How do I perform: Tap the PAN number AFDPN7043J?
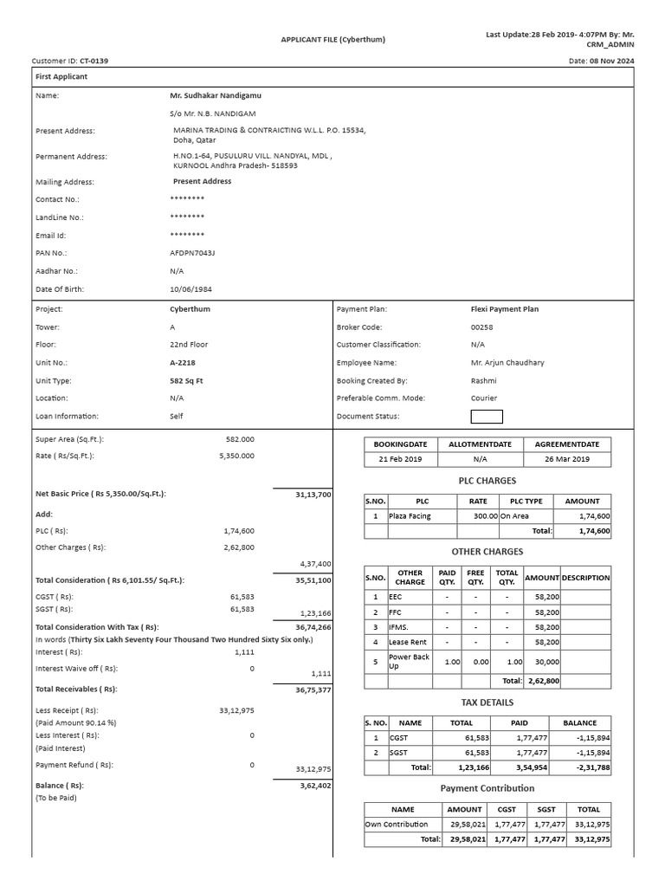click(192, 253)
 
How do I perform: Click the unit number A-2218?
click(184, 363)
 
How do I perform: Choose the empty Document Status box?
click(486, 417)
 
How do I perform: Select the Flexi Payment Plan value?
click(504, 309)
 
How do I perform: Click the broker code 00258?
click(481, 327)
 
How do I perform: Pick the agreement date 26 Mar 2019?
click(567, 459)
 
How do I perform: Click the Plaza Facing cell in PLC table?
click(410, 515)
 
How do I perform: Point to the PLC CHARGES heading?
click(487, 481)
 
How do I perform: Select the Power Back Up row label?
click(409, 662)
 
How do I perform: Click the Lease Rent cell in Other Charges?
click(407, 642)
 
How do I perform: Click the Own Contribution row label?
click(397, 825)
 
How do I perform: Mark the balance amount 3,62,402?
click(314, 786)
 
